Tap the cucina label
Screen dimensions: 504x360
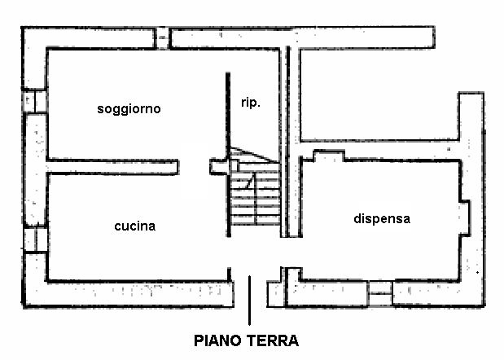pos(135,226)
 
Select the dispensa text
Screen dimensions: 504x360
pos(381,218)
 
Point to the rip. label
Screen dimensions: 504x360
pos(251,103)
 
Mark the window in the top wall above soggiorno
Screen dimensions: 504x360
pos(163,38)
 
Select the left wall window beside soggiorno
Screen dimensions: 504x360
pos(32,101)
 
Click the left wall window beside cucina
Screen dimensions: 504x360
pos(31,239)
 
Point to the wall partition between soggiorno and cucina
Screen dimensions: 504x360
pos(112,165)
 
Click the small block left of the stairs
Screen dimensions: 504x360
pos(218,166)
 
